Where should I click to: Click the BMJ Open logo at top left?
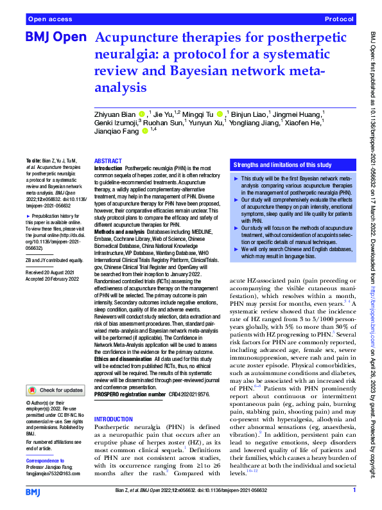click(56, 38)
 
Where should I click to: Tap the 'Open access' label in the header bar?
click(49, 20)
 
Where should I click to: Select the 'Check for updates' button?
click(56, 390)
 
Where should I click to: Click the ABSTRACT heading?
click(109, 161)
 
